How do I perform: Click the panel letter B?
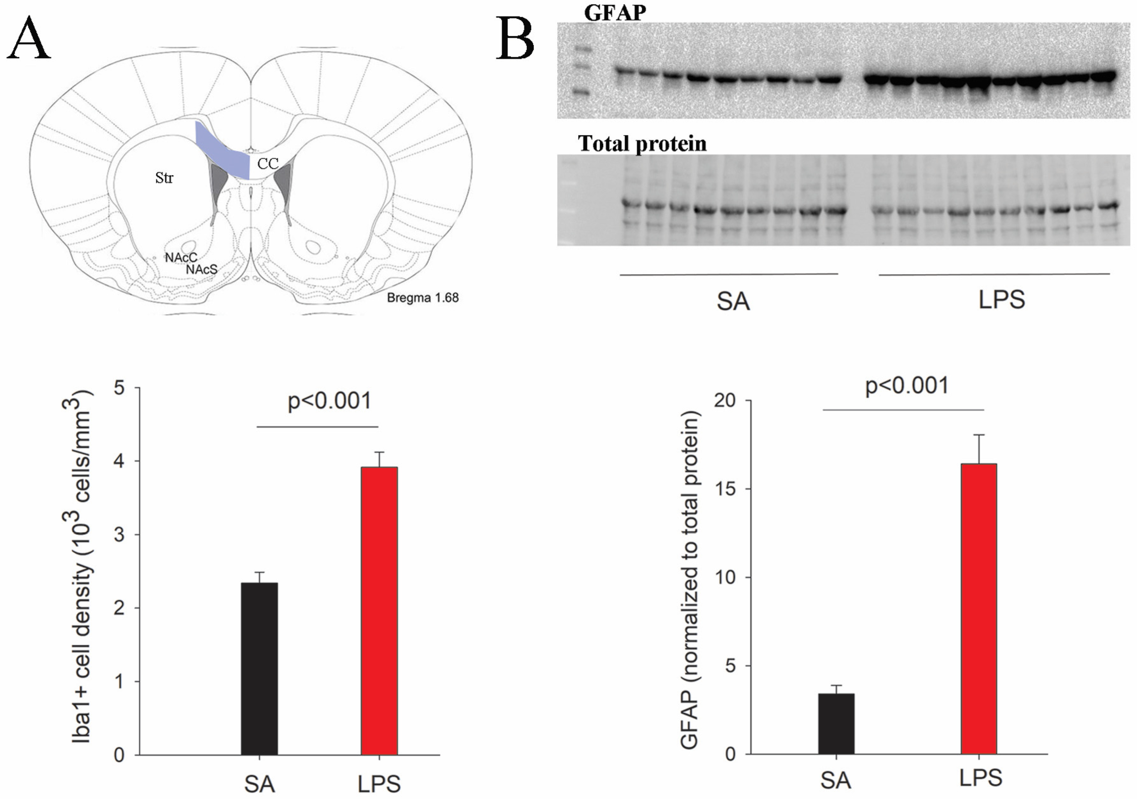pos(515,39)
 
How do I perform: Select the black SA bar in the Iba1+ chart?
pos(259,668)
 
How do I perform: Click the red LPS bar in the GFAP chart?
pos(979,609)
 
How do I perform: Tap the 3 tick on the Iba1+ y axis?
pos(119,535)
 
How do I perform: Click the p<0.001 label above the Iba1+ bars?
pos(329,400)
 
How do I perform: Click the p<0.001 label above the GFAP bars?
pos(907,385)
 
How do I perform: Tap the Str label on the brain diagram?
pos(164,178)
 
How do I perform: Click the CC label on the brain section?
pos(268,164)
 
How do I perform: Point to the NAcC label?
pos(181,257)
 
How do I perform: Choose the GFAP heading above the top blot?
pos(615,12)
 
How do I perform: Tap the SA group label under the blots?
pos(733,301)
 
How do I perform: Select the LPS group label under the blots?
pos(1001,299)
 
